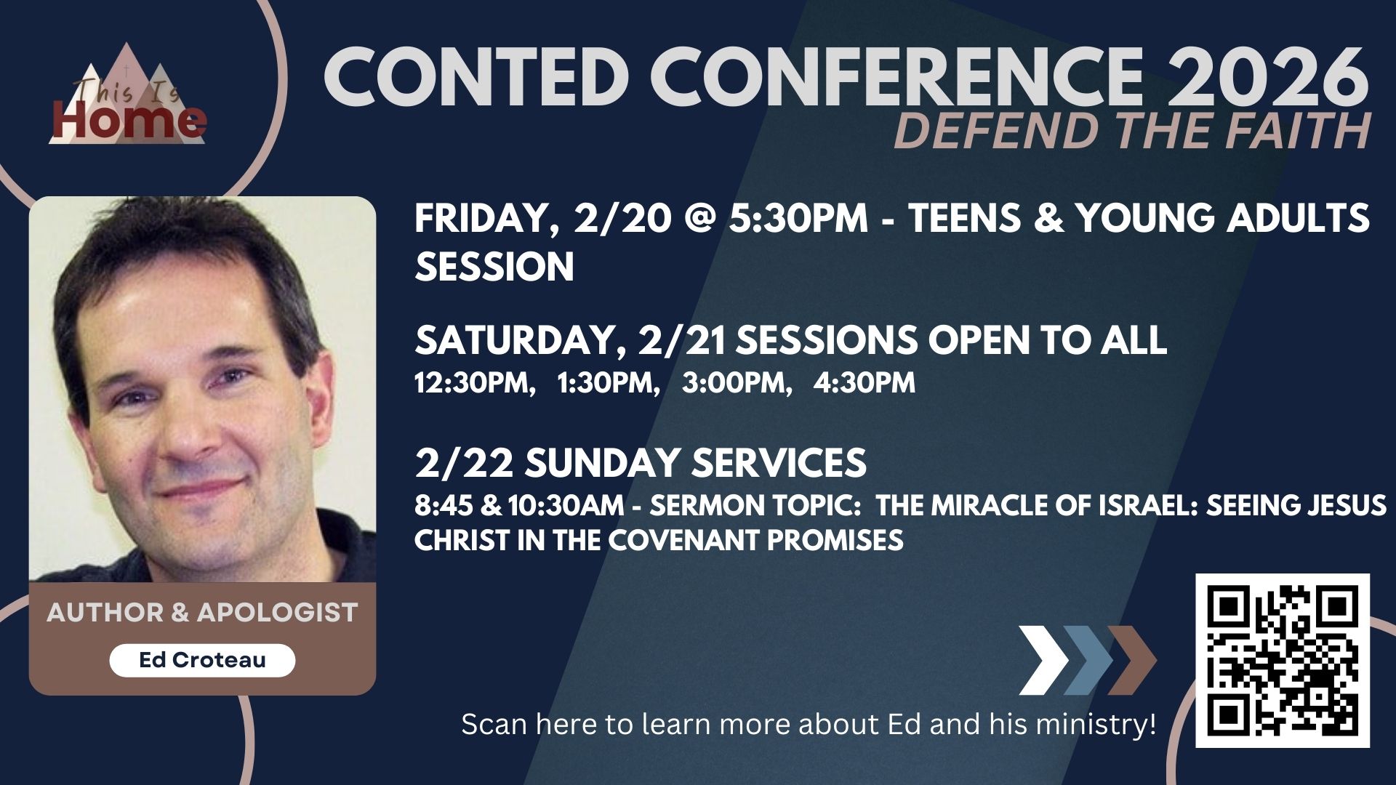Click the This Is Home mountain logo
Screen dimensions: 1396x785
point(128,94)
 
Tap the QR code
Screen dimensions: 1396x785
point(1283,661)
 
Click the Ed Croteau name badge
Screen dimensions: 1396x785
point(202,660)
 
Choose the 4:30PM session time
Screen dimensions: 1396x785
point(865,383)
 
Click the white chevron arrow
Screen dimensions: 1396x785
point(1043,660)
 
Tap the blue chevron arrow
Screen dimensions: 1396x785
point(1088,660)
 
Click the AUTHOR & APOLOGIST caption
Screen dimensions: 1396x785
point(202,613)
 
